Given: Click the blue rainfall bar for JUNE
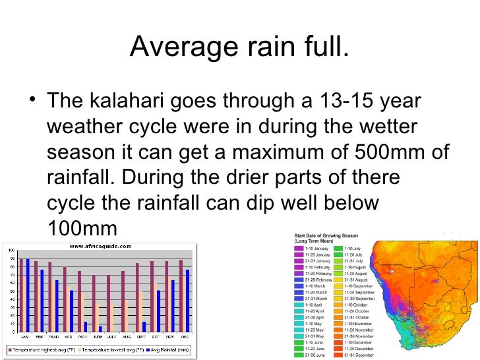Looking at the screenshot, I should coord(100,329).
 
